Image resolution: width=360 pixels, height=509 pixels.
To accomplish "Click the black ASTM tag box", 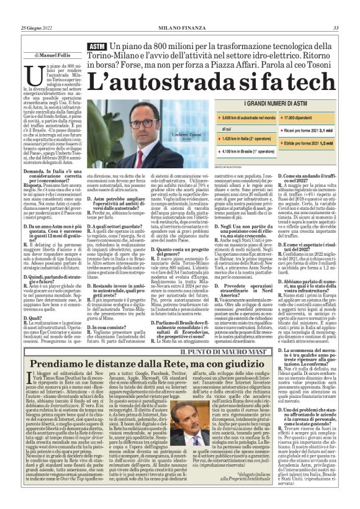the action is click(97, 48).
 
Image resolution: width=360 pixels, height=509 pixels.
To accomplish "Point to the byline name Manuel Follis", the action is click(56, 56).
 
